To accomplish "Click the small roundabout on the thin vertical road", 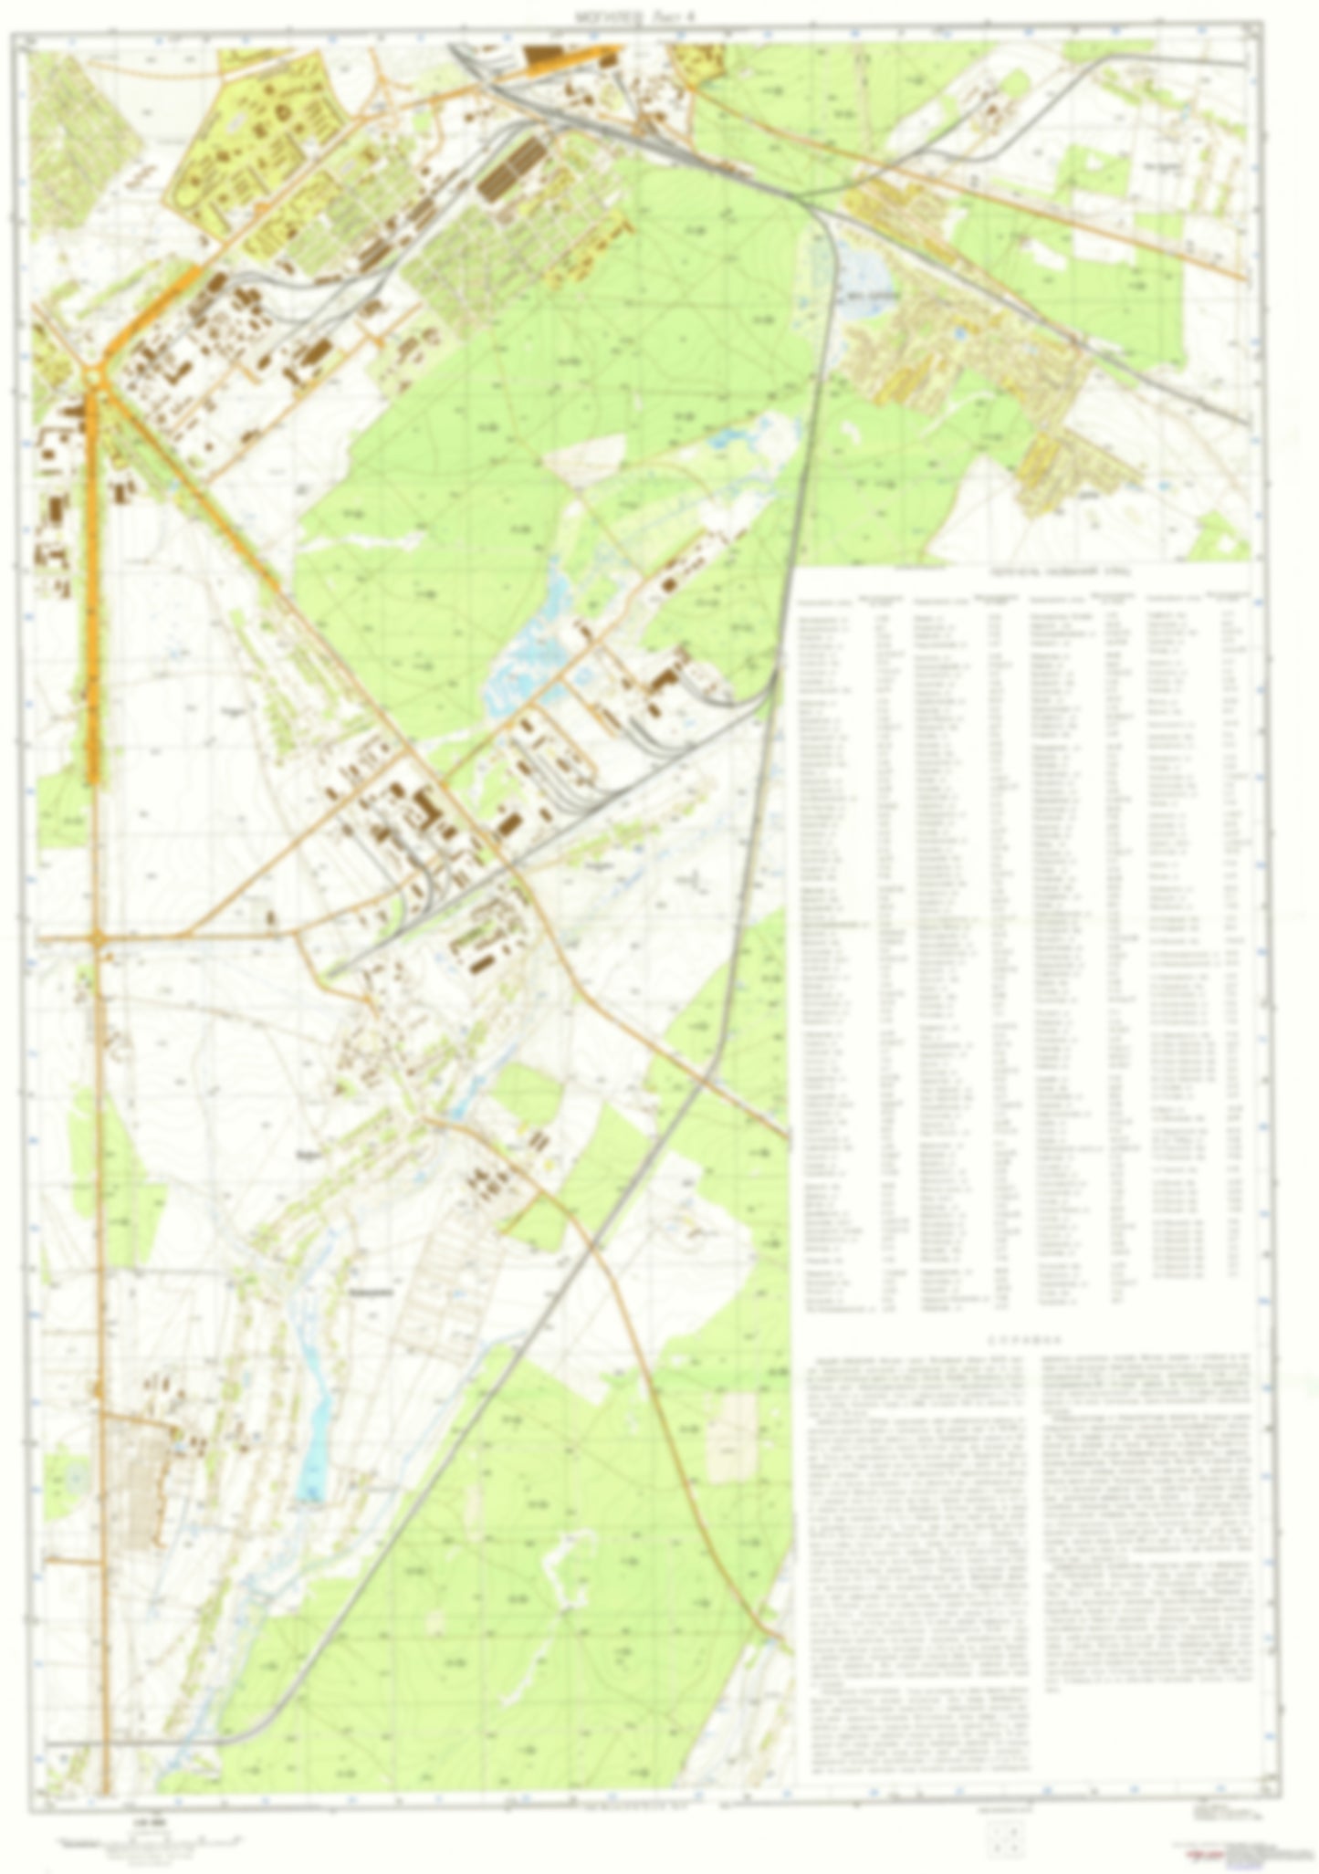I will click(x=98, y=937).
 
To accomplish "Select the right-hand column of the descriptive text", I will click(x=1146, y=1497).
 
